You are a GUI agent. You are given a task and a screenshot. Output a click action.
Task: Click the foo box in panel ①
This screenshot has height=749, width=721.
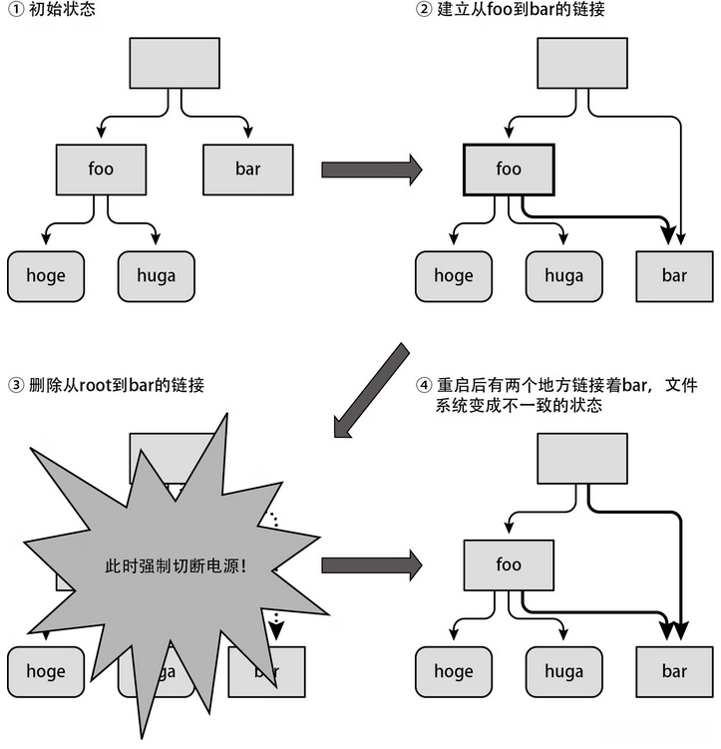101,169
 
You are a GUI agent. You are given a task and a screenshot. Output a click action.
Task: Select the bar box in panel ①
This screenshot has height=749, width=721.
248,169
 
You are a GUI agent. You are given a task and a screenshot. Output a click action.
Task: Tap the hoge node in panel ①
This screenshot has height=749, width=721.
46,275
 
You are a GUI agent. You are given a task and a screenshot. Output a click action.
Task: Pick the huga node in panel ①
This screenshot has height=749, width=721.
156,275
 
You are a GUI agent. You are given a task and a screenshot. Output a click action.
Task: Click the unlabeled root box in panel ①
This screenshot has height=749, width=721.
176,63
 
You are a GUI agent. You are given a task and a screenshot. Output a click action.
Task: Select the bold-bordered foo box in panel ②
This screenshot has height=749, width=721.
509,169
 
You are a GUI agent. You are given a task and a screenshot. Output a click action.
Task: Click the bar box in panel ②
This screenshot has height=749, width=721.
674,275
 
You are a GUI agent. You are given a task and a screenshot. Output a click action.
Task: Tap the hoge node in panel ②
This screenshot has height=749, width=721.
454,275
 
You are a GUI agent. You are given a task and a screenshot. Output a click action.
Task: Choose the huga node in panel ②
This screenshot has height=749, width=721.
563,275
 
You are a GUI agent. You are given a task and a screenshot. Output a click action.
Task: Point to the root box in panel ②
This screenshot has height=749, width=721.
583,63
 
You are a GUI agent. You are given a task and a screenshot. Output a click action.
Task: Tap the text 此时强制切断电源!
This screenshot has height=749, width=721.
176,564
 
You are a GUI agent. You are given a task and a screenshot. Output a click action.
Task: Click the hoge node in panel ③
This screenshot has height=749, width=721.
46,671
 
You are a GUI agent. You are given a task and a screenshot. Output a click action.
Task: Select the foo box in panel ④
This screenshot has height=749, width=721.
509,564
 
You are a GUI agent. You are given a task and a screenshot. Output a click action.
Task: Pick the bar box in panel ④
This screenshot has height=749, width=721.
674,671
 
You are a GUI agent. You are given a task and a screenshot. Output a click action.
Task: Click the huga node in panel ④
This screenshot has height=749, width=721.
563,671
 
